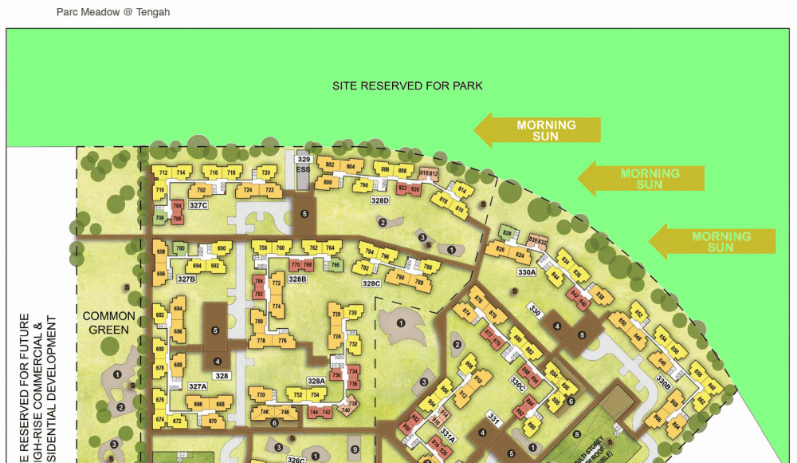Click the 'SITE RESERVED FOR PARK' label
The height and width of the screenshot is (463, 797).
(x=407, y=85)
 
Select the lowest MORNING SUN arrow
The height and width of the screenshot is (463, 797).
(x=713, y=241)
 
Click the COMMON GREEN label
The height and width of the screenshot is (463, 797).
(x=109, y=322)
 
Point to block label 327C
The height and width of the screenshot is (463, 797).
(x=198, y=206)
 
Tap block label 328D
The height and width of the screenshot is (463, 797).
(x=379, y=200)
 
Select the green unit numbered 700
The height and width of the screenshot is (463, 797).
(x=180, y=248)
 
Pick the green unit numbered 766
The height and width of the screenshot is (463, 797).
(x=335, y=265)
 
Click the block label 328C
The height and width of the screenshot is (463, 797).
(x=371, y=283)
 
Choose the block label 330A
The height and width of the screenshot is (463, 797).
(x=527, y=272)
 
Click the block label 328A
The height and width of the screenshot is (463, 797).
(x=316, y=382)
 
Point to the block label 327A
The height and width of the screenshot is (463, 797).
(x=197, y=386)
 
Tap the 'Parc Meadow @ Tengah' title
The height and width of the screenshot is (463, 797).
(x=113, y=12)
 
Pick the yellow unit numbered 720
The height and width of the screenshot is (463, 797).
(x=267, y=173)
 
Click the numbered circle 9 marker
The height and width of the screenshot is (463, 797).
(x=354, y=449)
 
